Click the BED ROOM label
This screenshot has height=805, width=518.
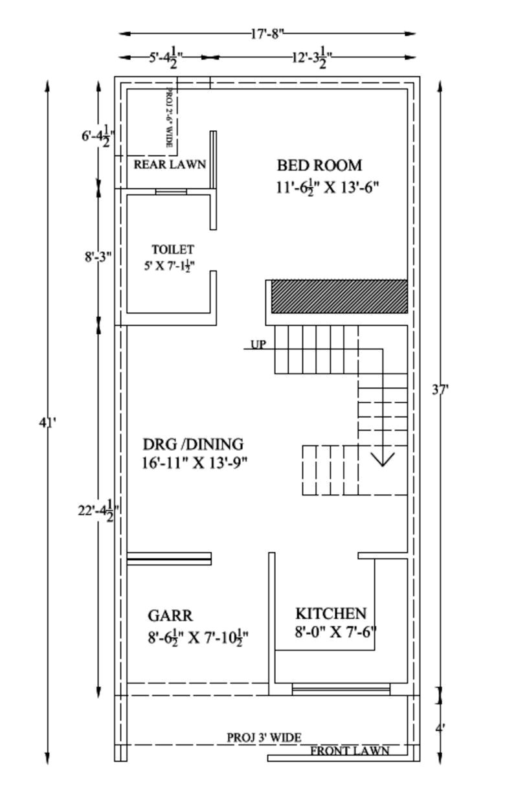click(x=319, y=165)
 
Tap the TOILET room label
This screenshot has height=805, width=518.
click(x=173, y=249)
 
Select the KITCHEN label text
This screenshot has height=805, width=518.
click(x=331, y=613)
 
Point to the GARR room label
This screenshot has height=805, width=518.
click(x=170, y=615)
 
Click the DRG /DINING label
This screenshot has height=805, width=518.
click(x=193, y=444)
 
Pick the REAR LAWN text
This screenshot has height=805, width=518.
click(x=170, y=164)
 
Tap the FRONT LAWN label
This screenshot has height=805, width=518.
click(x=350, y=751)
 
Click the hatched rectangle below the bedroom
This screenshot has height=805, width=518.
click(x=339, y=297)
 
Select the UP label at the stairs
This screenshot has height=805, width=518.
click(x=258, y=345)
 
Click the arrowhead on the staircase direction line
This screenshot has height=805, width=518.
click(x=383, y=460)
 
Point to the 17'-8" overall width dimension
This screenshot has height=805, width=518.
click(x=267, y=33)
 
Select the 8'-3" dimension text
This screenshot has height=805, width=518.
click(x=98, y=256)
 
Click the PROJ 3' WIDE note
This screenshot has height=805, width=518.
click(x=264, y=738)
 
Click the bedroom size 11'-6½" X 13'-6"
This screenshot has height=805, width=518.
click(x=327, y=188)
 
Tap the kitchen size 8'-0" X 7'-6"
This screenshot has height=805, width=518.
click(x=335, y=632)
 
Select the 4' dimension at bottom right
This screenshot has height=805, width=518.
click(x=440, y=728)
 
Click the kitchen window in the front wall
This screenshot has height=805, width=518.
click(x=341, y=689)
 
